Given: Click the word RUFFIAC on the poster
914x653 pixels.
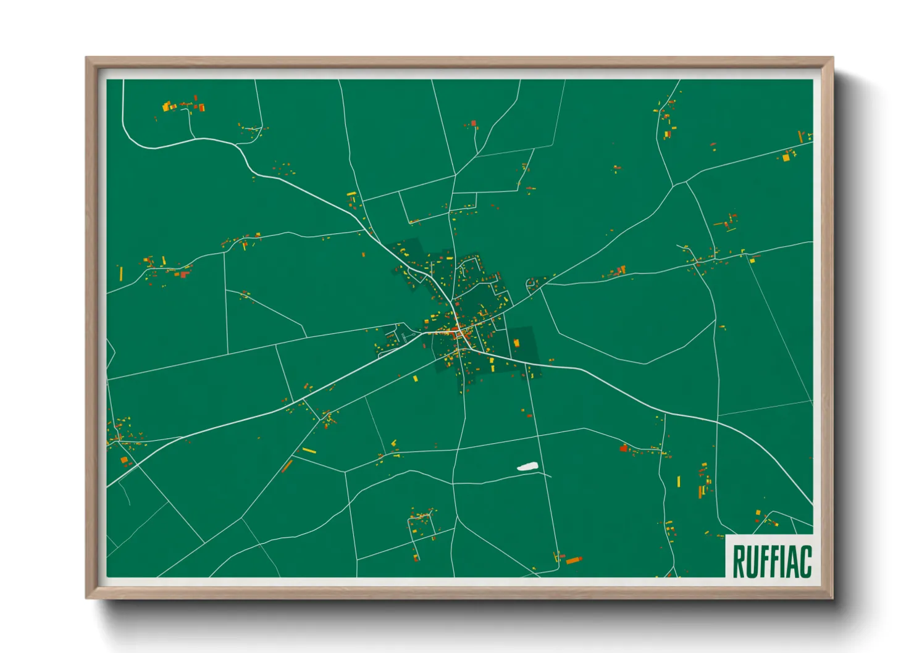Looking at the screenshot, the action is tap(771, 561).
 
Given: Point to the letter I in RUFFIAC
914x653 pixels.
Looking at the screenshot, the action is tap(783, 561).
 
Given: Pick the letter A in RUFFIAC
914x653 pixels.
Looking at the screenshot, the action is tap(793, 561).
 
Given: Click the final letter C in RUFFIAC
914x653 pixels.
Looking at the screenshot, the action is tap(805, 561).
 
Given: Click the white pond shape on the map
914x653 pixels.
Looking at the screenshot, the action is tap(527, 467).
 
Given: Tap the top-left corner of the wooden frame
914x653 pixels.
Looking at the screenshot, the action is tap(87, 59).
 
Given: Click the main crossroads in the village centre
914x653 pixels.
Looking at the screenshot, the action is tap(458, 333).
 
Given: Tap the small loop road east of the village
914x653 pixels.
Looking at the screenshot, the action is tap(530, 284).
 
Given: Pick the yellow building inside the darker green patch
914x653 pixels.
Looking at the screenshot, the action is tap(516, 343).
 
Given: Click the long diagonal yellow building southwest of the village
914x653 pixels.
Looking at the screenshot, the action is tap(309, 451).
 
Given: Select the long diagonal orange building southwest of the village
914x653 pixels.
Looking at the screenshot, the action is tap(287, 466).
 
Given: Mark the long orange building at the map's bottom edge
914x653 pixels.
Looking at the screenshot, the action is tap(574, 560).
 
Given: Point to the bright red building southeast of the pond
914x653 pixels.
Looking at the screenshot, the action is tap(623, 448).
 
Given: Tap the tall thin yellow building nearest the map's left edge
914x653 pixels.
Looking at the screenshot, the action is tap(120, 273).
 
